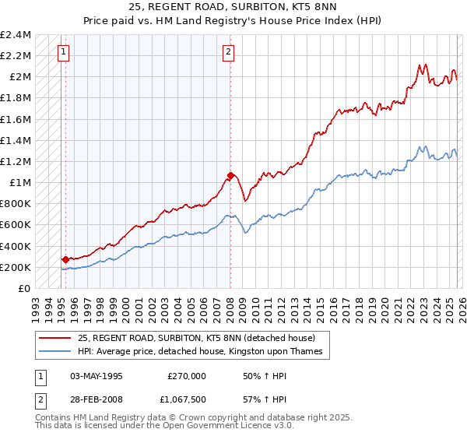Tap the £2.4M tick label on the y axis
point(16,35)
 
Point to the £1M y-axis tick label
point(20,183)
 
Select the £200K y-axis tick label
point(16,268)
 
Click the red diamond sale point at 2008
point(230,175)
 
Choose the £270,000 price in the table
point(187,375)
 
